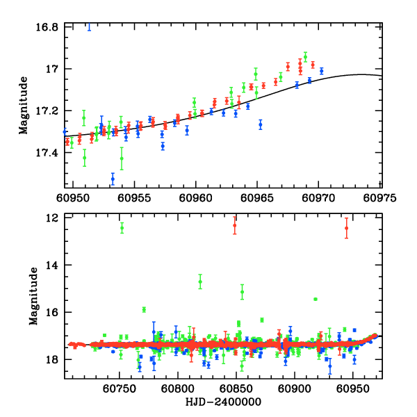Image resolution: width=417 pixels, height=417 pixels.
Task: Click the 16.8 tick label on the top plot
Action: coord(47,27)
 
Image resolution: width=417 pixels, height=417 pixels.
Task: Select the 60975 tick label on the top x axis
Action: coord(382,197)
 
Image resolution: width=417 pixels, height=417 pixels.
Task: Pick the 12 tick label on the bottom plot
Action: coord(51,218)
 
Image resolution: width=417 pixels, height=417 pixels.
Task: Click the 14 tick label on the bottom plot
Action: coord(51,265)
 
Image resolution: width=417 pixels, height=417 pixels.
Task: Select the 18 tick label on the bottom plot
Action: coord(51,359)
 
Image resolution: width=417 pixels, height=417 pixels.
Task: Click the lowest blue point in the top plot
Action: coord(113,179)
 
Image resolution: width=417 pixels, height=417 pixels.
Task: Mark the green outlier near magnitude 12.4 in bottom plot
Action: coord(122,227)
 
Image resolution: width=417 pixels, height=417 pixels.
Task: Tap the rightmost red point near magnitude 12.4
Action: coord(346,228)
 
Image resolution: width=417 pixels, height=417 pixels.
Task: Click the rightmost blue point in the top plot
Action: coord(321,71)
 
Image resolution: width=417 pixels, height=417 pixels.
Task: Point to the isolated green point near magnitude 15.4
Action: coord(316,299)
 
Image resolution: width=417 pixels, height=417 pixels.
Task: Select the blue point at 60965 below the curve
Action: coord(261,125)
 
